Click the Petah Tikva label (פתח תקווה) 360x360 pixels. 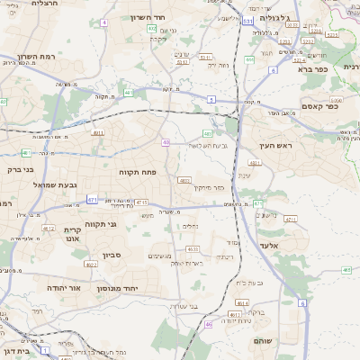click(x=139, y=170)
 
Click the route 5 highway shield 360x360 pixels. click(x=211, y=98)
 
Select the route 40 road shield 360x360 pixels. click(x=166, y=141)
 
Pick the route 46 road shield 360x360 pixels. click(x=209, y=324)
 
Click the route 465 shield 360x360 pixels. click(x=347, y=270)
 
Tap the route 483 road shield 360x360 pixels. click(x=220, y=133)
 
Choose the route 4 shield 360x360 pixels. click(x=103, y=22)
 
